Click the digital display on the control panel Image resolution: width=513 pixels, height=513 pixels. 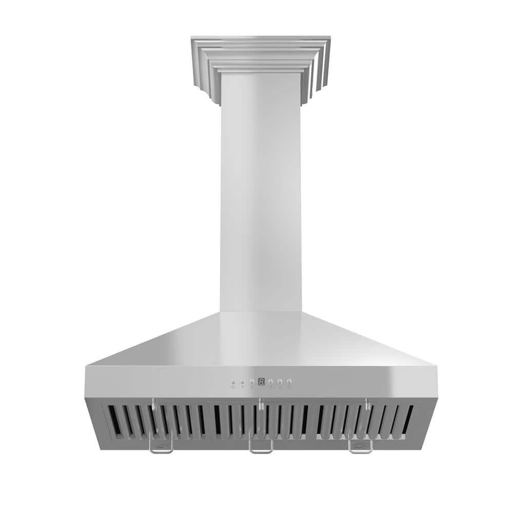click(x=261, y=382)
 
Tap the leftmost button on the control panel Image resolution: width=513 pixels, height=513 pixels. click(x=233, y=383)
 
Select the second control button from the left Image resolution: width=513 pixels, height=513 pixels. click(x=242, y=383)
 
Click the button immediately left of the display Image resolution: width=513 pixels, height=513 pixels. click(x=252, y=382)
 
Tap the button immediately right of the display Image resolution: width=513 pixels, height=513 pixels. click(x=270, y=382)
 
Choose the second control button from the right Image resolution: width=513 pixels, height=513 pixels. click(x=280, y=382)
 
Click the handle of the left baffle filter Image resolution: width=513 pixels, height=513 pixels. click(x=161, y=447)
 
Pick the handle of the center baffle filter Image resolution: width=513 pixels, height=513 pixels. click(x=261, y=447)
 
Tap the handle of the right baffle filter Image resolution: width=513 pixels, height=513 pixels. click(x=360, y=447)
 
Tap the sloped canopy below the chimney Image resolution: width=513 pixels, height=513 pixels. click(x=261, y=341)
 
